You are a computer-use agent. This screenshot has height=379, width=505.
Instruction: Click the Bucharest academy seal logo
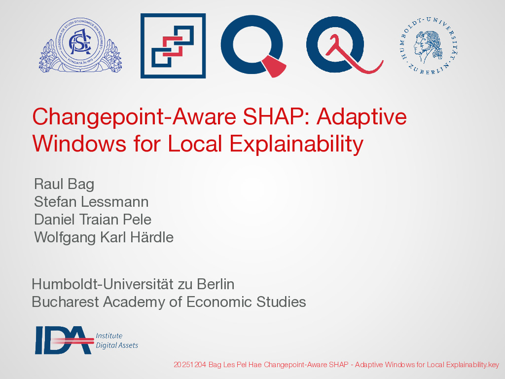point(80,45)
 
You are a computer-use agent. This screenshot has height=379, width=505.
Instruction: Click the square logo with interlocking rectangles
point(173,46)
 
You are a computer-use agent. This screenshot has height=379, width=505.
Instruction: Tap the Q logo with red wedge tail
point(253,46)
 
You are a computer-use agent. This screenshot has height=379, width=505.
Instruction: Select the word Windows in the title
point(79,144)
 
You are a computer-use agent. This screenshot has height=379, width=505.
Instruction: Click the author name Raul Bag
point(64,185)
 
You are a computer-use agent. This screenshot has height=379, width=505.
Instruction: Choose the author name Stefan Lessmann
point(91,202)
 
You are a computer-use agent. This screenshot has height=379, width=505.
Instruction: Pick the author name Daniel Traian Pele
point(93,220)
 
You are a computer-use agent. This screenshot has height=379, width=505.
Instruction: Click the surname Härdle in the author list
point(152,237)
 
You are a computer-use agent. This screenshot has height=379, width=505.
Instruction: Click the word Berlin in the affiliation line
point(216,284)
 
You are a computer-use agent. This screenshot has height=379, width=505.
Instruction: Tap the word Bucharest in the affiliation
point(66,302)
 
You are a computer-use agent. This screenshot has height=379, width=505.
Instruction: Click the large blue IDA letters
point(64,340)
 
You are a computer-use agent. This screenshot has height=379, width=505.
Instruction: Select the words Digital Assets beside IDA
point(117,345)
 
